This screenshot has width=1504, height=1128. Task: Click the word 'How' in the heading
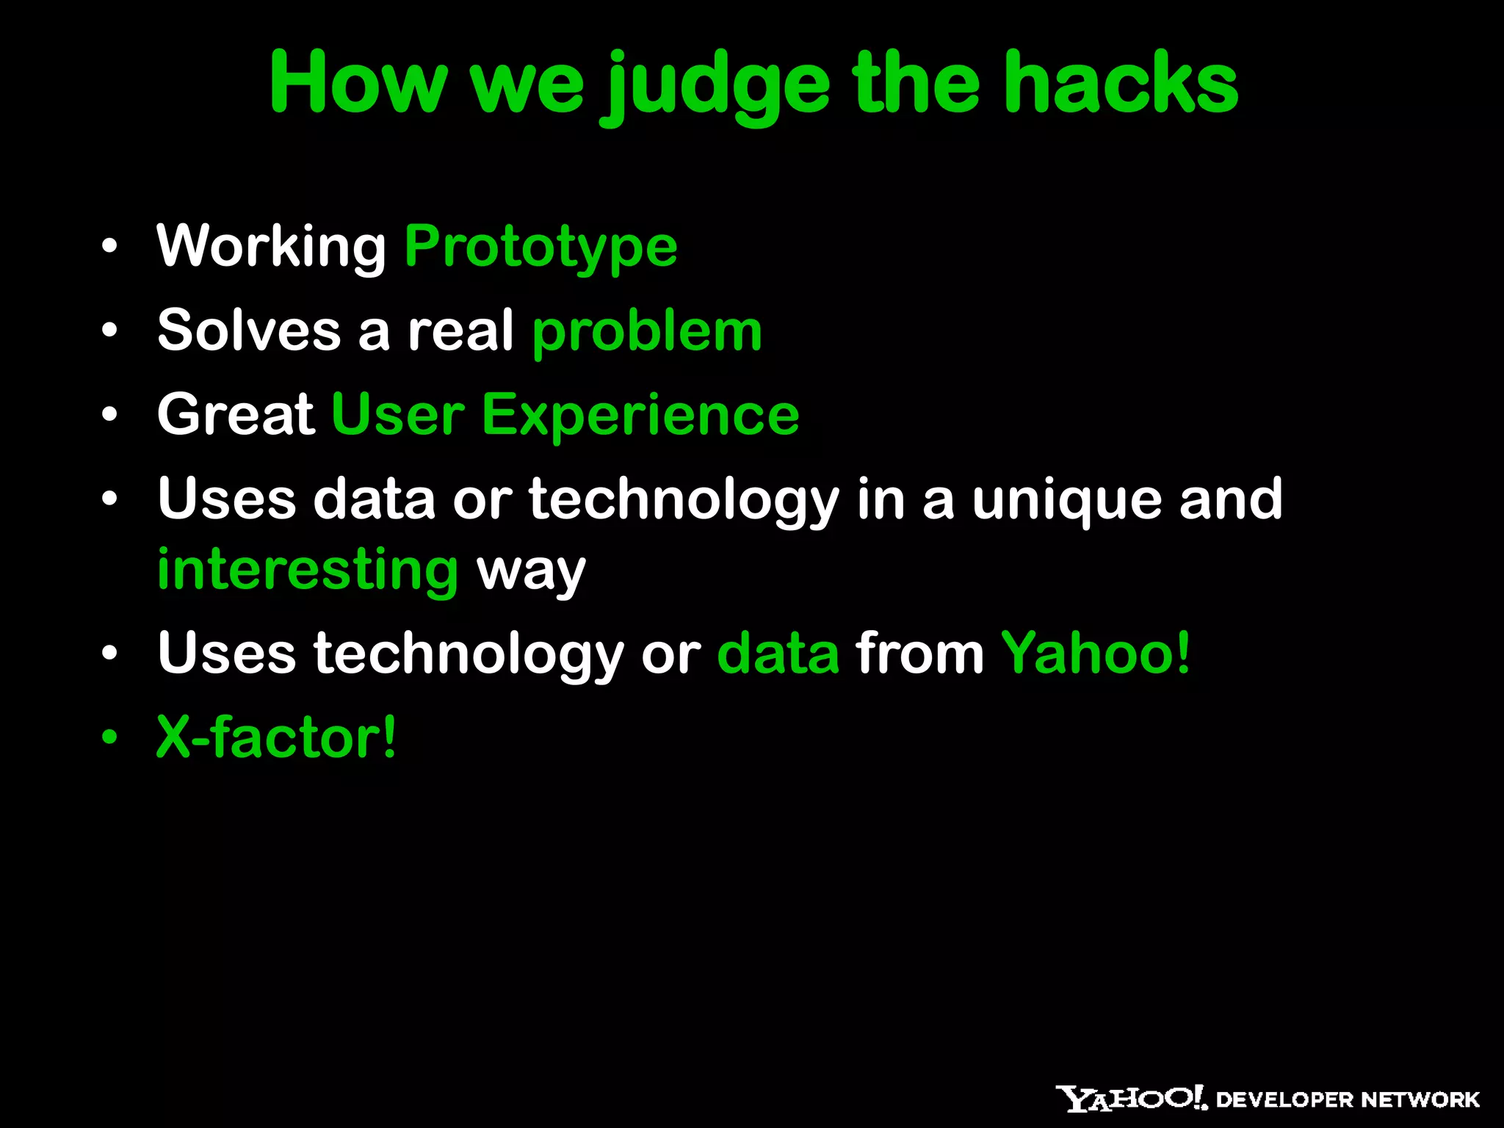[358, 82]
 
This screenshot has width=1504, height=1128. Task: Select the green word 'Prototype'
[541, 247]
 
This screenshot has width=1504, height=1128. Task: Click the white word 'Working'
[271, 247]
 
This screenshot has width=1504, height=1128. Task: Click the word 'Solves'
[249, 330]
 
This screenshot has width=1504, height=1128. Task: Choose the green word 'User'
[397, 416]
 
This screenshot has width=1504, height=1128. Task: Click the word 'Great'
[236, 415]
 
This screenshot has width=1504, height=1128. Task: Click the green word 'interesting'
[308, 570]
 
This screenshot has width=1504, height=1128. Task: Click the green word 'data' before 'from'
[778, 654]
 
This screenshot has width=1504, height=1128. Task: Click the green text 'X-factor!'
[276, 737]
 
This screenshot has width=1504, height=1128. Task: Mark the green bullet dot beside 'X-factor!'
[109, 737]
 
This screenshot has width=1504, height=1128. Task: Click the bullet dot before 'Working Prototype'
[109, 247]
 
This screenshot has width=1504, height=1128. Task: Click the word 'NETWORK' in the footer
[1420, 1100]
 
